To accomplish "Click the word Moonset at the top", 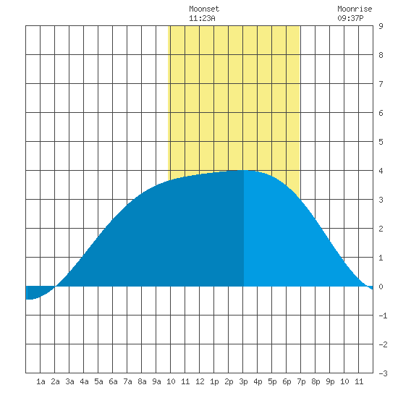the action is coord(204,9).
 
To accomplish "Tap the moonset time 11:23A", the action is coord(202,18).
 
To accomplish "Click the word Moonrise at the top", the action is coord(355,9).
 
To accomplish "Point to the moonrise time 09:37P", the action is coord(350,18).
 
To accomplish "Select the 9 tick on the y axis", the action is coord(381,26).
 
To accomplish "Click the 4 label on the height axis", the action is coord(381,171).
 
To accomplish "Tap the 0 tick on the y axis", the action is coord(381,287).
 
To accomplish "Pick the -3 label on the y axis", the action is coord(383,373).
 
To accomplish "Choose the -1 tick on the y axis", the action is coord(383,316).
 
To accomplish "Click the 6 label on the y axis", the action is coord(381,113).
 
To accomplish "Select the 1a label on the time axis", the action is coord(41,381).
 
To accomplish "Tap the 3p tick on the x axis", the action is coord(243,381).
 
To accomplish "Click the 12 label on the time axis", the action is coord(200,381).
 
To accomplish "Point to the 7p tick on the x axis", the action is coord(301,381).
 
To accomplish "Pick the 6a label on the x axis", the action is coord(113,381).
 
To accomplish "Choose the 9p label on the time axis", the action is coord(330,381).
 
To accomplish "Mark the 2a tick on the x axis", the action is coord(55,381).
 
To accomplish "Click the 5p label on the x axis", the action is coord(272,381).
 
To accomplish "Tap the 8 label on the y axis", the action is coord(381,55).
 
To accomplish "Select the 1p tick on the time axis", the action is coord(214,381).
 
